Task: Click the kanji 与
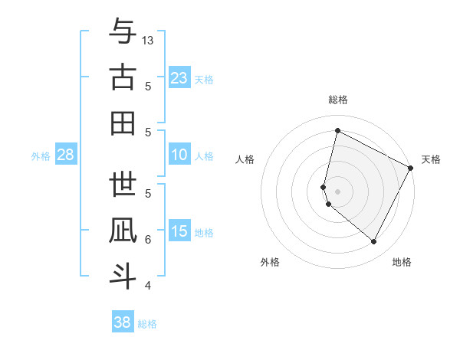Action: (x=123, y=32)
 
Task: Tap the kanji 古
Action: (x=123, y=78)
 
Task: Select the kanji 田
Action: (x=123, y=123)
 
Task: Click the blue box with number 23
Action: (x=179, y=78)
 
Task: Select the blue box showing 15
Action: (x=179, y=232)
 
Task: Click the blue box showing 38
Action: (x=123, y=322)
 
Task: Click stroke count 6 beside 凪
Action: (x=148, y=239)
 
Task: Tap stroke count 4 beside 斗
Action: (x=148, y=286)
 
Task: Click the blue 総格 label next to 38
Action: (x=147, y=324)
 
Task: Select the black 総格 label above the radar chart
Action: (x=338, y=100)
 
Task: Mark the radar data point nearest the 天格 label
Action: (x=411, y=169)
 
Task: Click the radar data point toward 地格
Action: (x=374, y=242)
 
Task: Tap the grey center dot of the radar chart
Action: (x=338, y=190)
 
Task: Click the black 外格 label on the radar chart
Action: (x=270, y=262)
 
